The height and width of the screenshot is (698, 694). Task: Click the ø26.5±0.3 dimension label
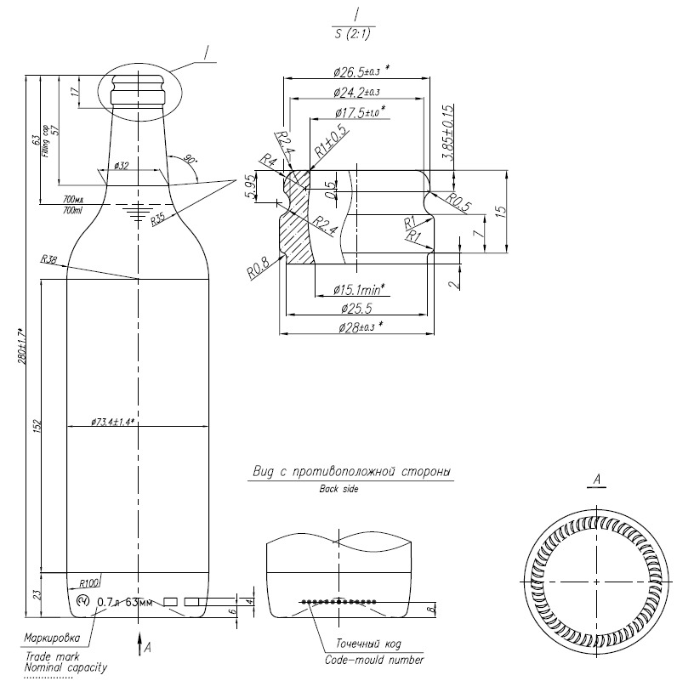356,69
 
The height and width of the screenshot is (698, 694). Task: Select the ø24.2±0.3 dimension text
356,91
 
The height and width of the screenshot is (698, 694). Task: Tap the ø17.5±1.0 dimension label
360,111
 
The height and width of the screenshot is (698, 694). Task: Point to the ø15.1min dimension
358,289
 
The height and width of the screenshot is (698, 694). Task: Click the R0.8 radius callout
258,270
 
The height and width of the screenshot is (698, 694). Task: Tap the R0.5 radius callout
459,205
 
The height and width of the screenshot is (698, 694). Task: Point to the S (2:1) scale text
353,33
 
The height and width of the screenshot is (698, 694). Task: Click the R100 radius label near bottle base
88,583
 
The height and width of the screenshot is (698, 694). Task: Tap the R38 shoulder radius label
48,260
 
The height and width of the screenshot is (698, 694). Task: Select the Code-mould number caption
373,660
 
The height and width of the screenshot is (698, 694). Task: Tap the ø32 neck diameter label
120,166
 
